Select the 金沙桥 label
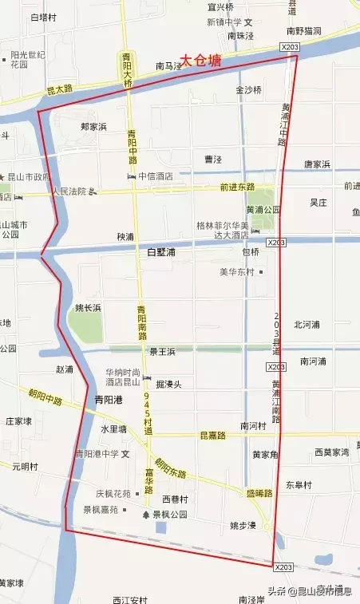248,90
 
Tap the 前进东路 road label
237,187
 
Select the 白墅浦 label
160,252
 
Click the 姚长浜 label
88,307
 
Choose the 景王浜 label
161,350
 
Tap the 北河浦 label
307,325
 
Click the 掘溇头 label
169,385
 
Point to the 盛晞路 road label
259,494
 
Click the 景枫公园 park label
168,515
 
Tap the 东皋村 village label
298,485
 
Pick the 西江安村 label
130,598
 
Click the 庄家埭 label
18,420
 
